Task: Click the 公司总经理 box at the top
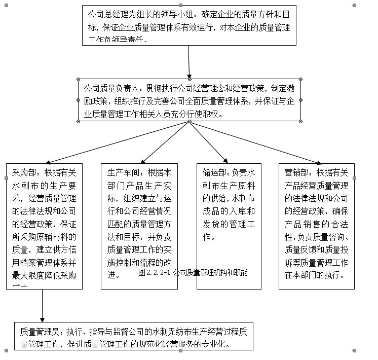(189, 25)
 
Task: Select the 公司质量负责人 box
(189, 100)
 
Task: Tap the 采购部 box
(44, 226)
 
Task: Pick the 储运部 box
(229, 226)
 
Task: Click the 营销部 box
(316, 226)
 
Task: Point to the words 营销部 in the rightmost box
(295, 172)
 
